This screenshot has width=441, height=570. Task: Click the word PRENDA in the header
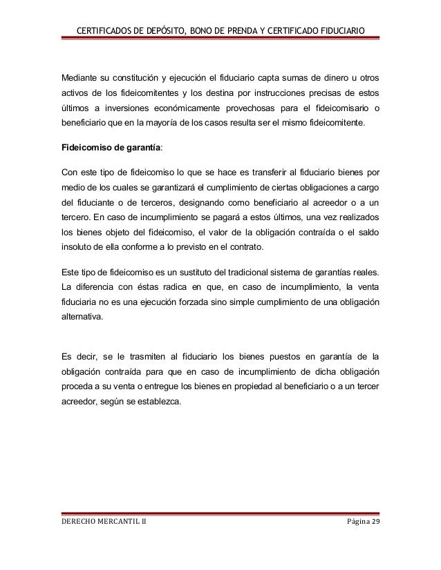click(238, 28)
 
